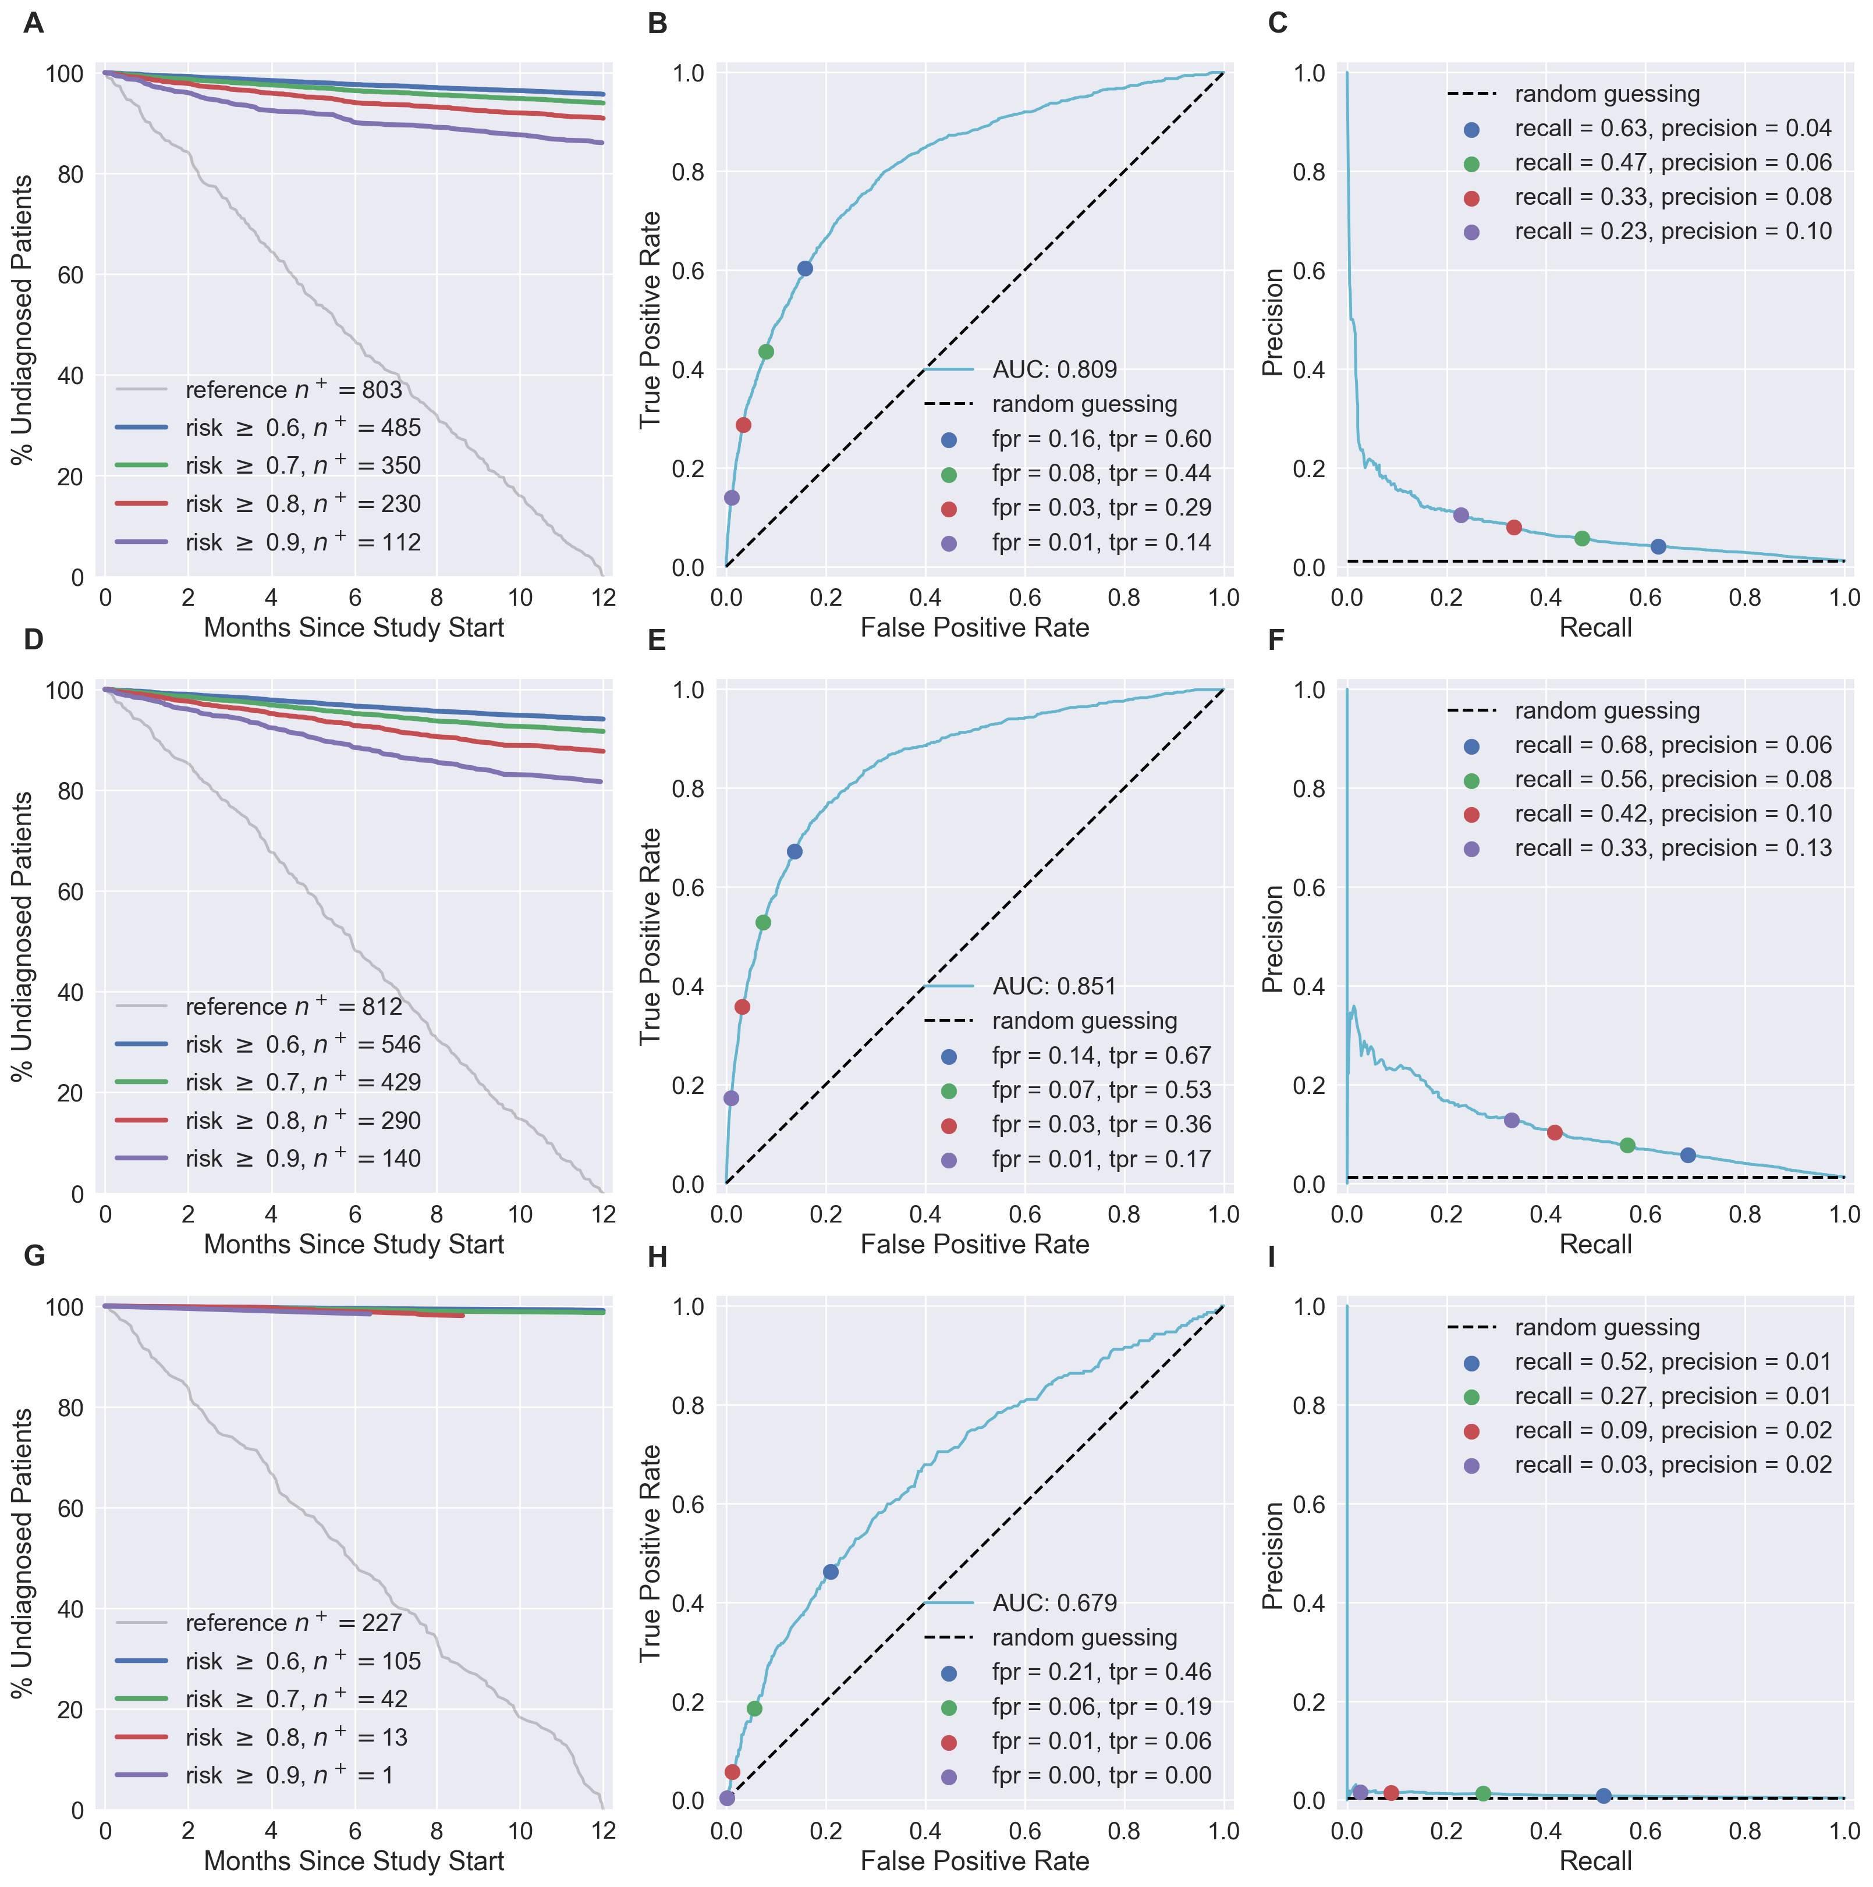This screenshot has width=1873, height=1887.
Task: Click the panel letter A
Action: (33, 23)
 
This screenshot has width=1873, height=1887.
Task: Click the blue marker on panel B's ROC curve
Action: (805, 269)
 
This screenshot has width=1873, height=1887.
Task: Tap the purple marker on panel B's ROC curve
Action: (732, 498)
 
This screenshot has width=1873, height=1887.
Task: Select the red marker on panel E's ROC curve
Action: (743, 1007)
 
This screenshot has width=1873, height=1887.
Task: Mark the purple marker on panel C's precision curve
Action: (1461, 515)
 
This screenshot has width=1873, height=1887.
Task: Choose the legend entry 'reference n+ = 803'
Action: (293, 390)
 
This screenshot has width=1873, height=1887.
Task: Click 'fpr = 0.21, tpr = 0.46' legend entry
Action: (1101, 1672)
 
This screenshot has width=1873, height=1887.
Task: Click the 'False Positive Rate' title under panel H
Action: (974, 1861)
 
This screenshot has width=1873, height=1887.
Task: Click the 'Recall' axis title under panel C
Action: (1595, 627)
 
